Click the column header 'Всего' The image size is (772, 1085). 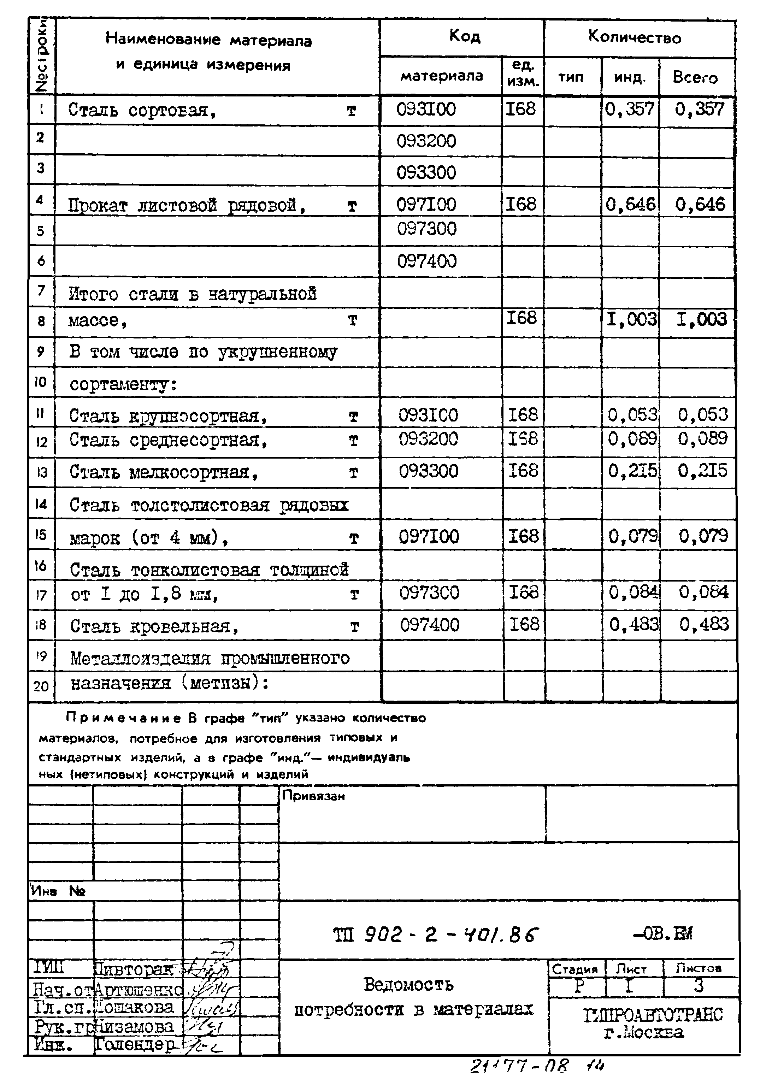coord(695,77)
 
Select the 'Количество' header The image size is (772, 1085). coord(635,37)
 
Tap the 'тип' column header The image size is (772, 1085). coord(571,77)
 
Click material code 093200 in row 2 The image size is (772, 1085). coord(426,141)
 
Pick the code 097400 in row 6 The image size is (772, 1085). coord(427,261)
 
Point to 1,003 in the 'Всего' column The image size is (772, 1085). coord(702,319)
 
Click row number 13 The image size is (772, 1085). coord(41,472)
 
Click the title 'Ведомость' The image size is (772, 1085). coord(409,984)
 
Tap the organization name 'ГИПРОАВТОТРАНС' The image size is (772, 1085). coord(653,1015)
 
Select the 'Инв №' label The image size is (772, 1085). coord(58,891)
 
